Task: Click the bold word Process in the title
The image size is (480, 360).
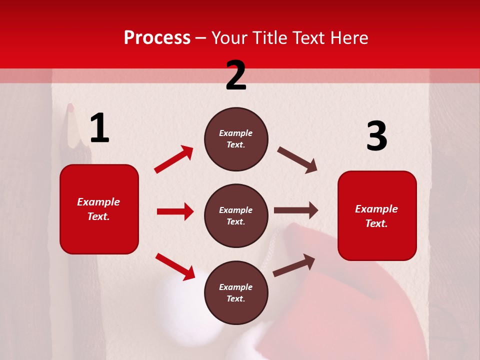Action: tap(157, 38)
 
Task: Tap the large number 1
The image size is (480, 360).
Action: tap(99, 128)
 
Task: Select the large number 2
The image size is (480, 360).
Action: tap(236, 75)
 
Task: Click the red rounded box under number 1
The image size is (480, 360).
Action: tap(99, 209)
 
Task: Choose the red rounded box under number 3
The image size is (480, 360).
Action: tap(377, 216)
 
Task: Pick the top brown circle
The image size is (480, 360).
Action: tap(236, 139)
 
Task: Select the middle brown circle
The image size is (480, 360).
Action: tap(236, 216)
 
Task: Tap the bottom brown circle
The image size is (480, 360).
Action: tap(236, 293)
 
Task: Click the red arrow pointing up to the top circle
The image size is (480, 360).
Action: tap(174, 159)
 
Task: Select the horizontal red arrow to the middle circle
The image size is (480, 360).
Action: tap(175, 211)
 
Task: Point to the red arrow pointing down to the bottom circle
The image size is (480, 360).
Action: tap(175, 266)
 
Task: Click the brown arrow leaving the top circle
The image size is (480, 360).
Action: tap(297, 160)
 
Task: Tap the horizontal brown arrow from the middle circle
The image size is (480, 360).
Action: tap(296, 210)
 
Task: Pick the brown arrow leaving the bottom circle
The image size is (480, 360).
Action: tap(294, 265)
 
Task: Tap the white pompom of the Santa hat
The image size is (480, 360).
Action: tap(180, 300)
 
